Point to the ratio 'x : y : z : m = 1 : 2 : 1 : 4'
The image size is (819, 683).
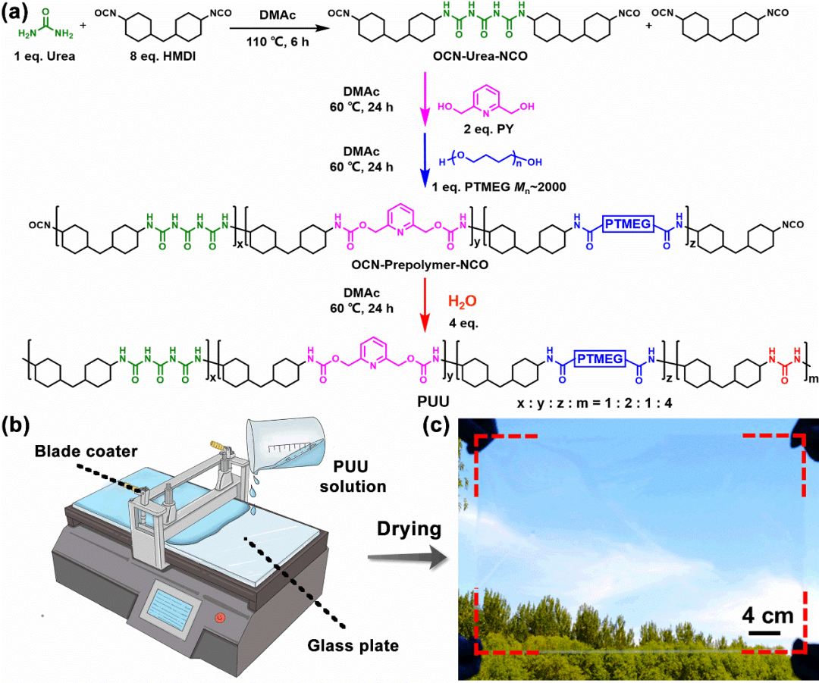595,403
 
